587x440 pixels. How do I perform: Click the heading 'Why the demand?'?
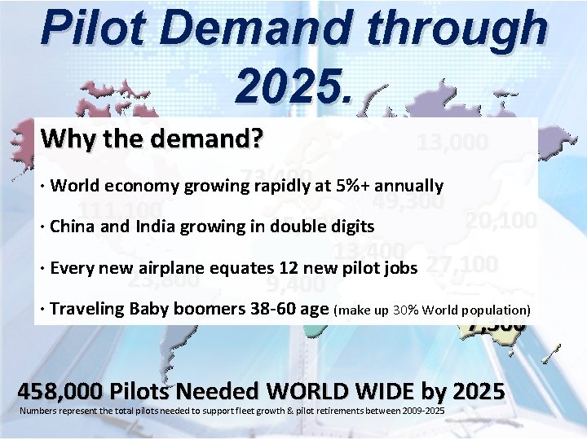tap(152, 139)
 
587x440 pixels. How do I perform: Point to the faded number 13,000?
tap(452, 143)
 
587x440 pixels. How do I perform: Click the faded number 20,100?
tap(501, 220)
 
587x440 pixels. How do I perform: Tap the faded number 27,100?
tap(462, 265)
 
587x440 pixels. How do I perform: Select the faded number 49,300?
tap(408, 200)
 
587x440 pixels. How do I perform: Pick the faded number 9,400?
tap(296, 284)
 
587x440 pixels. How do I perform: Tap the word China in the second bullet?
tap(71, 227)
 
